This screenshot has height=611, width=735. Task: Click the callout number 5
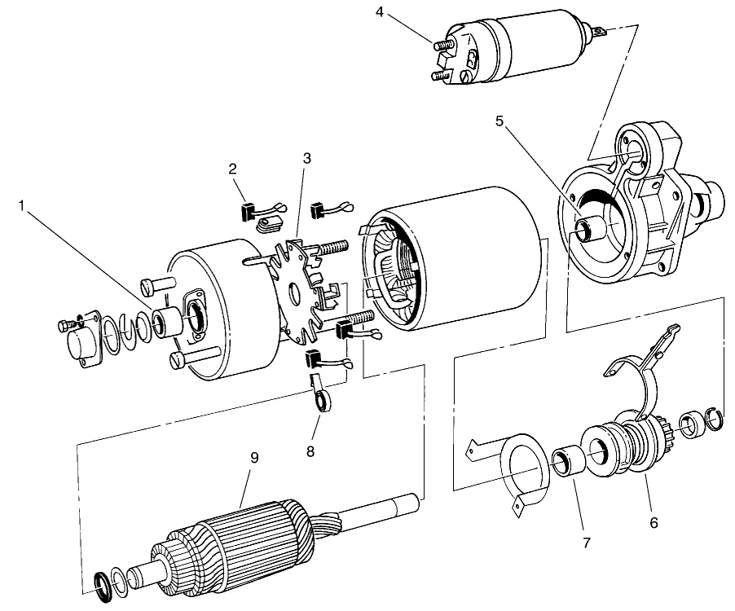(500, 120)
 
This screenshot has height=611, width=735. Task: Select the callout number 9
(254, 457)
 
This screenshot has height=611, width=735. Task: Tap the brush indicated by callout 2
(249, 210)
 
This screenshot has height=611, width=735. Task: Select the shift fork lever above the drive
(644, 358)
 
